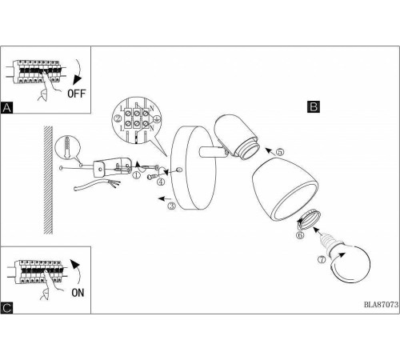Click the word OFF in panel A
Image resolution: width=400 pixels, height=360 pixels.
(77, 94)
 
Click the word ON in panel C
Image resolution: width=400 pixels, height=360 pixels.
(78, 293)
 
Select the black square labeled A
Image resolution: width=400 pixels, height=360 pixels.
(6, 107)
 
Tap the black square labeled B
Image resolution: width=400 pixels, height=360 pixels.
(314, 106)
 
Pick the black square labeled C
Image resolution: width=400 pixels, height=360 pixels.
(6, 308)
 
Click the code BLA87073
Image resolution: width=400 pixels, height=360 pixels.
(382, 305)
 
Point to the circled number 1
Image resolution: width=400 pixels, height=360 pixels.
(136, 175)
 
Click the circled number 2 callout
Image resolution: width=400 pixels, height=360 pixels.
(118, 118)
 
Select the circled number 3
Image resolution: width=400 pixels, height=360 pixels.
(172, 206)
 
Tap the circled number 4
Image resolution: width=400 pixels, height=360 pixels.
(161, 182)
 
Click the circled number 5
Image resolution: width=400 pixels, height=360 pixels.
(280, 152)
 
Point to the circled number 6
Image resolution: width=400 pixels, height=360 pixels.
(300, 235)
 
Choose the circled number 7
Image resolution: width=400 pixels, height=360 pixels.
(322, 259)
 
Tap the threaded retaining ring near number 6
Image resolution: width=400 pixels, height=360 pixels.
(309, 219)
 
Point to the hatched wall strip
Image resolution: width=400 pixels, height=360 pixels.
(48, 180)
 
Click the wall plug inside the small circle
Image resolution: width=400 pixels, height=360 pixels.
(67, 148)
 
